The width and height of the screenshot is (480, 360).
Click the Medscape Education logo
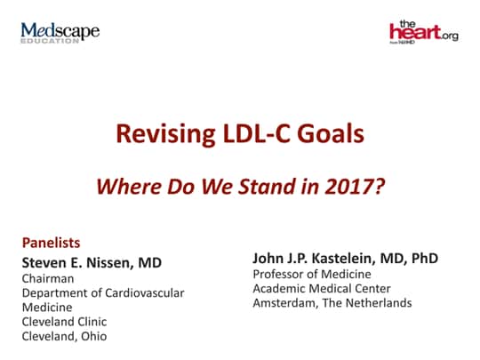click(60, 34)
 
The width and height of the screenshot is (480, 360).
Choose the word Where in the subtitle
click(124, 188)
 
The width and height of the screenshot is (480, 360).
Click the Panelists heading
click(51, 242)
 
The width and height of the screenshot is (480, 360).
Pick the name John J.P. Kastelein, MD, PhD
click(345, 258)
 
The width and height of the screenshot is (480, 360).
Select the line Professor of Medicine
click(310, 274)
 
